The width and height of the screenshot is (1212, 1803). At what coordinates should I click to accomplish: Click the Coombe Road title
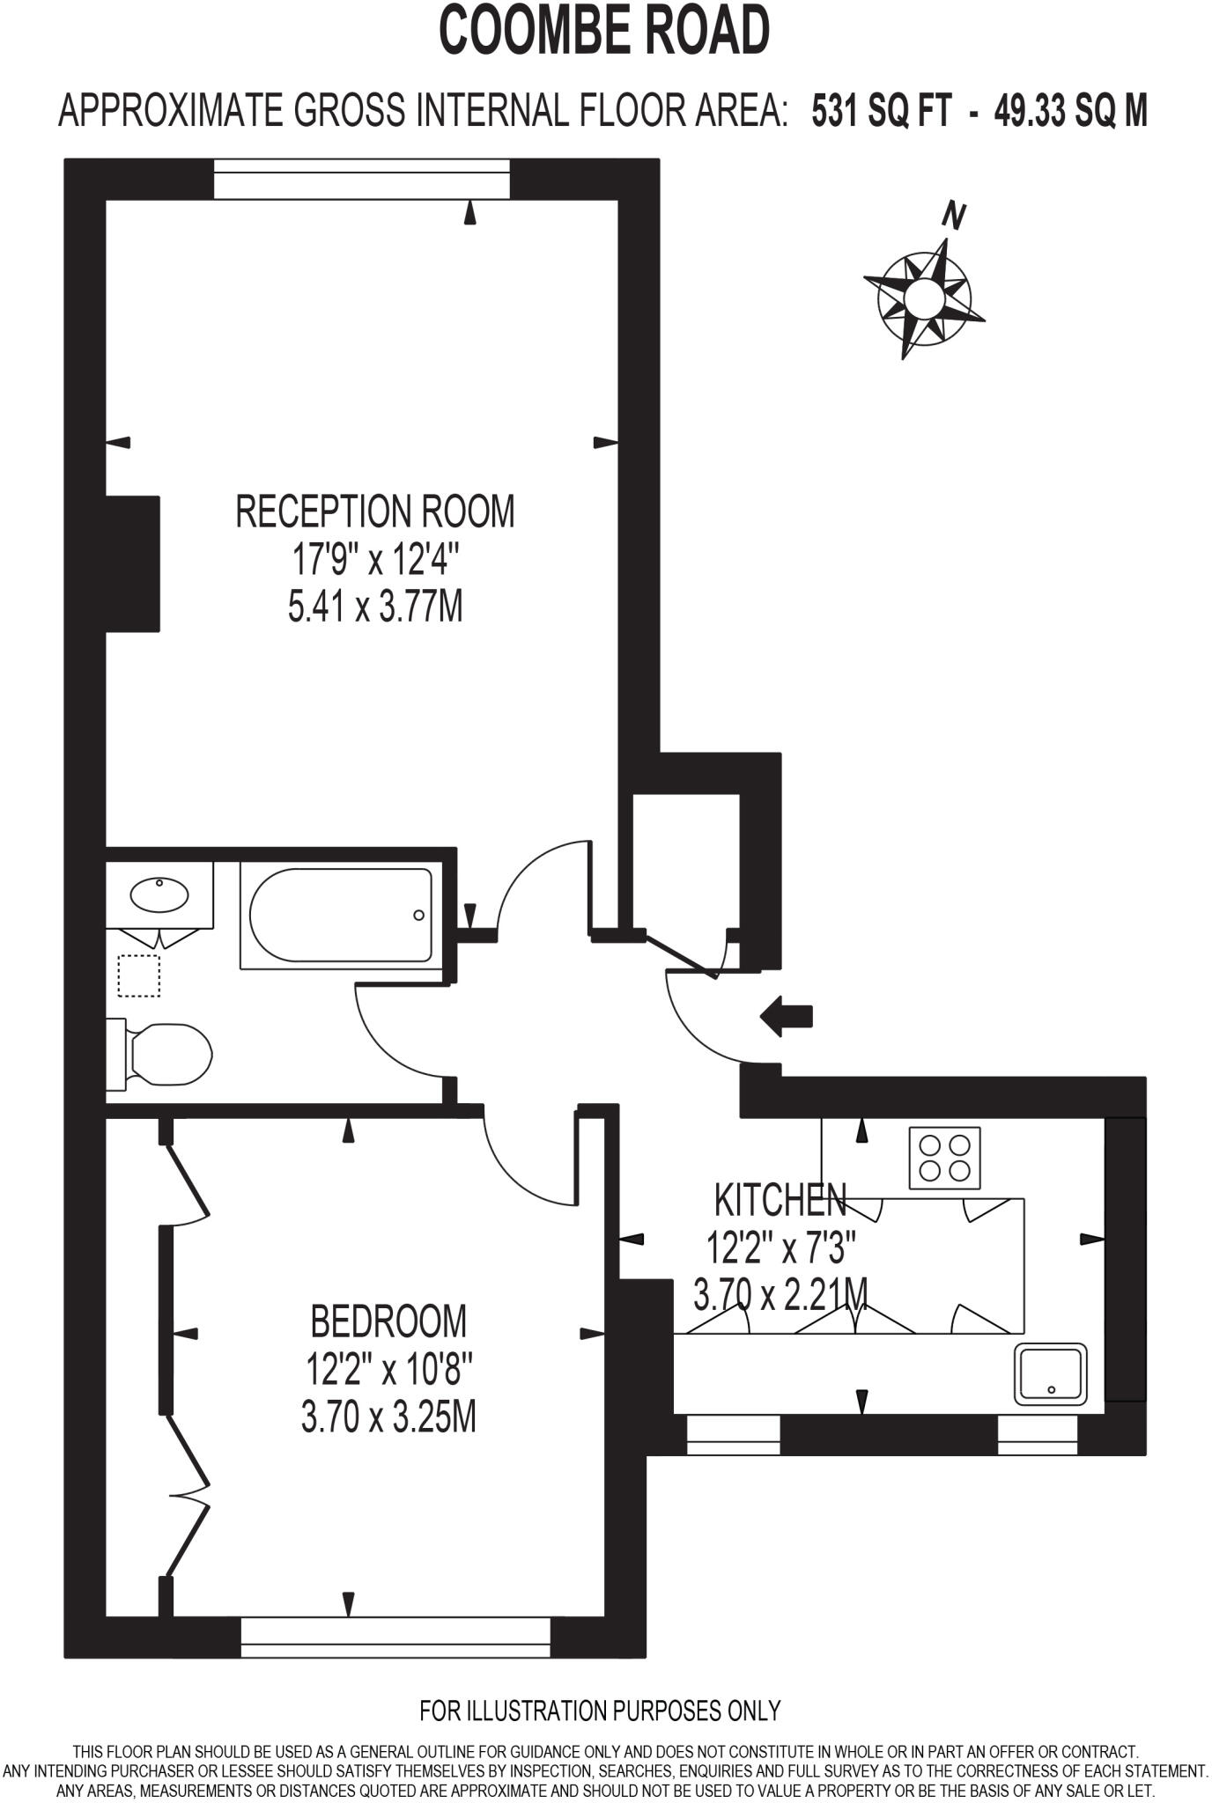pos(604,31)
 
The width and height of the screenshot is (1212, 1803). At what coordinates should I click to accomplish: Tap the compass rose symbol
pos(924,297)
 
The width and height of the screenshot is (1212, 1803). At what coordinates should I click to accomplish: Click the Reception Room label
pos(374,511)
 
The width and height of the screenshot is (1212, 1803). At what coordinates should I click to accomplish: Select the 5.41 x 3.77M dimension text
pos(375,607)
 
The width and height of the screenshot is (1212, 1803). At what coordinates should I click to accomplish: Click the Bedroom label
pos(388,1321)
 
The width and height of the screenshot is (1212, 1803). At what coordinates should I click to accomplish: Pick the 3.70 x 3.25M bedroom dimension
pos(388,1417)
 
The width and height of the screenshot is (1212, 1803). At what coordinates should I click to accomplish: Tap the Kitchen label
pos(780,1199)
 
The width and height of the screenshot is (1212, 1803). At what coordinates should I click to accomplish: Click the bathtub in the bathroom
pos(341,915)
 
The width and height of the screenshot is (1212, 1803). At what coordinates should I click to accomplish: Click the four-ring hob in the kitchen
pos(944,1158)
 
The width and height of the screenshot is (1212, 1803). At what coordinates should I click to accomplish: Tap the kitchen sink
pos(1050,1374)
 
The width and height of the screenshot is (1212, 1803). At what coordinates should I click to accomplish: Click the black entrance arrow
pos(786,1016)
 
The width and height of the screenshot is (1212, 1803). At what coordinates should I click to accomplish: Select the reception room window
pos(362,179)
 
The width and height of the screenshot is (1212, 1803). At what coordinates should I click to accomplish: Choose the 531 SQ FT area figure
pos(882,112)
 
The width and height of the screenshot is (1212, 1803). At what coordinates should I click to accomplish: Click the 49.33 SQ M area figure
pos(1071,112)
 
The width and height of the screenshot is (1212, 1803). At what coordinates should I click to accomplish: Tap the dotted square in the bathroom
pos(139,975)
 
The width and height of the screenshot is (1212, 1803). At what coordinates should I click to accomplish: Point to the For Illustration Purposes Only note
pos(600,1711)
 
